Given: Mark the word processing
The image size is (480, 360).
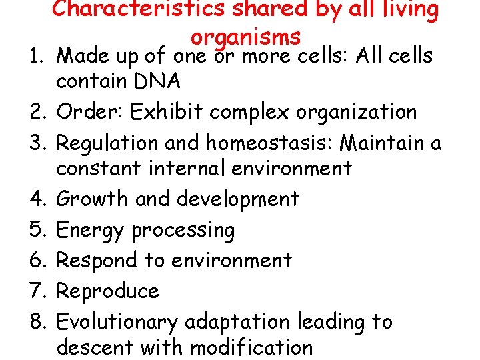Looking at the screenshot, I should tap(183, 231).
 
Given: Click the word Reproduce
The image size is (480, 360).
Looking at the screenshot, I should tap(108, 291).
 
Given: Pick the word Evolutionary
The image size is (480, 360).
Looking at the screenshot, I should tap(117, 322).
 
